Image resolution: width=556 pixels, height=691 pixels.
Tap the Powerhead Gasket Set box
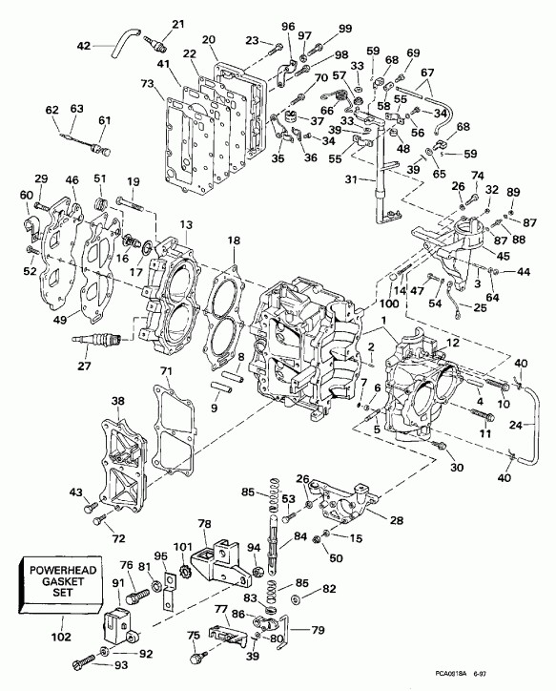[54, 583]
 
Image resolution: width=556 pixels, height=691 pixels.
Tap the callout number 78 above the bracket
[203, 524]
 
